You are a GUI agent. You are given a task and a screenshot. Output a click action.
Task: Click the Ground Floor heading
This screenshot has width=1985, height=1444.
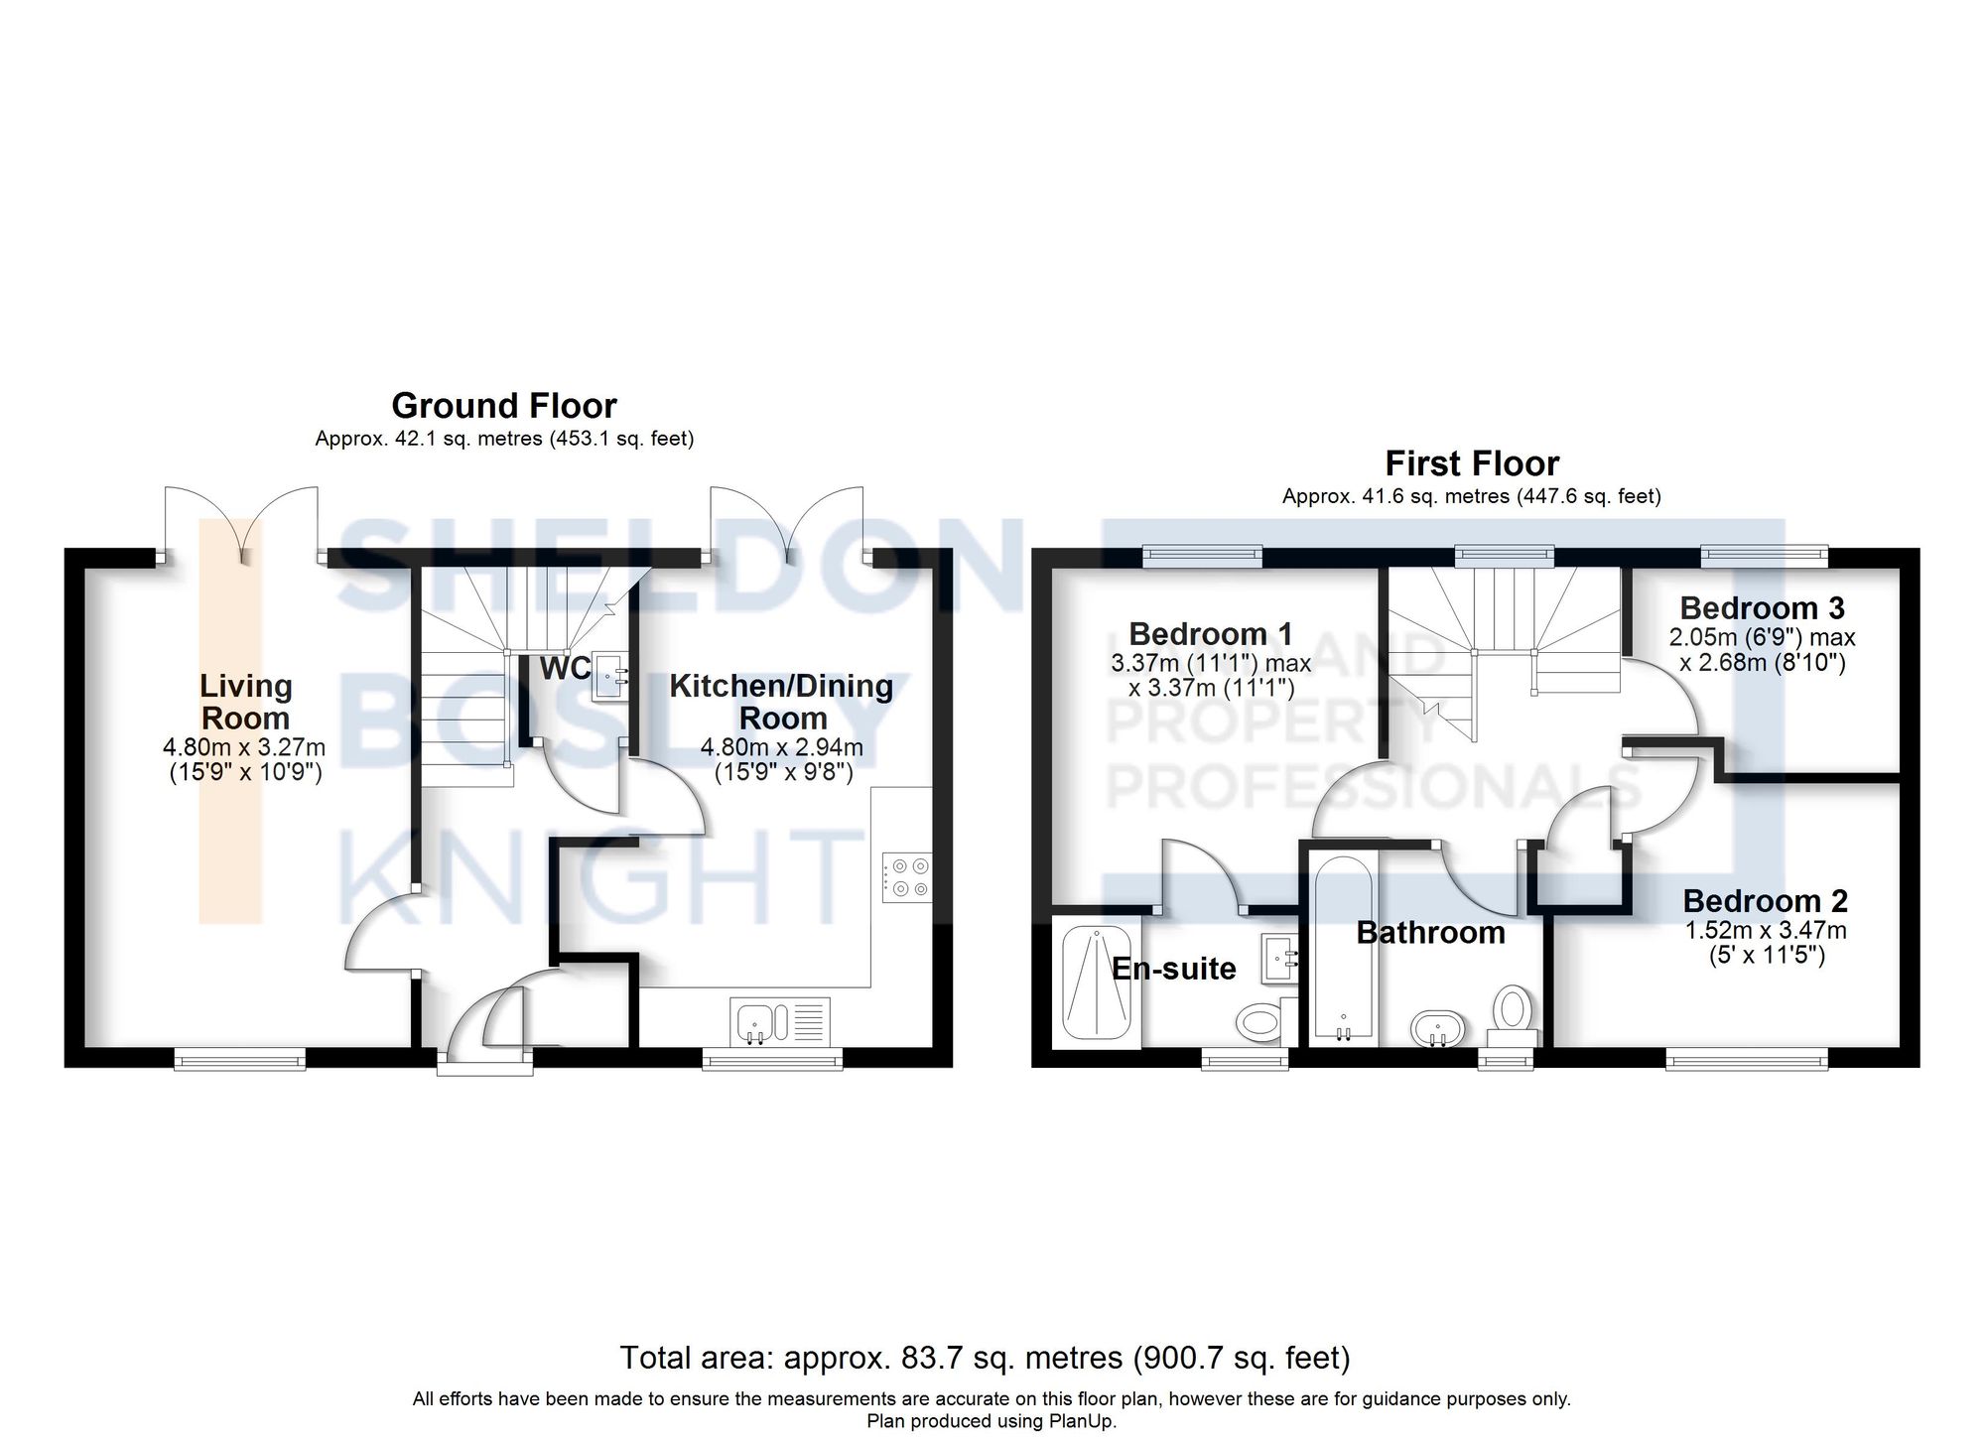503,406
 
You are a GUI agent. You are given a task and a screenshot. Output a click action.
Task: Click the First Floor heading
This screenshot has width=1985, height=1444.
1472,463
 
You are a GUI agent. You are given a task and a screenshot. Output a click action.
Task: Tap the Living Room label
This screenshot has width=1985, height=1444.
245,702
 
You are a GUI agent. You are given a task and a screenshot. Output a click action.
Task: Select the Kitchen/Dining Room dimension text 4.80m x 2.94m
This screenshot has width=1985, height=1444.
782,747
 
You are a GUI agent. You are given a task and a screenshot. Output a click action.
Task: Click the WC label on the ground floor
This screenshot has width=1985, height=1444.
565,669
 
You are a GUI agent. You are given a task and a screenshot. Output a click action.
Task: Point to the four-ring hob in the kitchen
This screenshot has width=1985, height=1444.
906,877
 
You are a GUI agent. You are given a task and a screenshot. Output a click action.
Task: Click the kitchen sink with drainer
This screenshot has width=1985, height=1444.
779,1021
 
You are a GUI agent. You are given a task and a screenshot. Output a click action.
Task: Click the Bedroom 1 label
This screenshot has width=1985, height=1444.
1211,634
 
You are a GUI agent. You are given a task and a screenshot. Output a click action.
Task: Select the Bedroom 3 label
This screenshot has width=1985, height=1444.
1762,607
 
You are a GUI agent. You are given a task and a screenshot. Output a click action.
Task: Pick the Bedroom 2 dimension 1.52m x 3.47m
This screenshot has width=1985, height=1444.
1766,931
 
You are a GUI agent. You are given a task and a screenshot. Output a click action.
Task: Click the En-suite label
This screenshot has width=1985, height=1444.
1173,969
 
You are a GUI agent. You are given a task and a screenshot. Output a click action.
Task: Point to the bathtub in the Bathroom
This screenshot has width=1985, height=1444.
1343,948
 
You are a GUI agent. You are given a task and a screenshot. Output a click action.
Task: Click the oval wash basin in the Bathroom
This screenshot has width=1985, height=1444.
1436,1028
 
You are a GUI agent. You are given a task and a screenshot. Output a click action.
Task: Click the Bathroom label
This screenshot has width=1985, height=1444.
1430,933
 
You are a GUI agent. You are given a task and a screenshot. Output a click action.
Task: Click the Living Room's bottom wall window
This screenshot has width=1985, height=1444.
239,1061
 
